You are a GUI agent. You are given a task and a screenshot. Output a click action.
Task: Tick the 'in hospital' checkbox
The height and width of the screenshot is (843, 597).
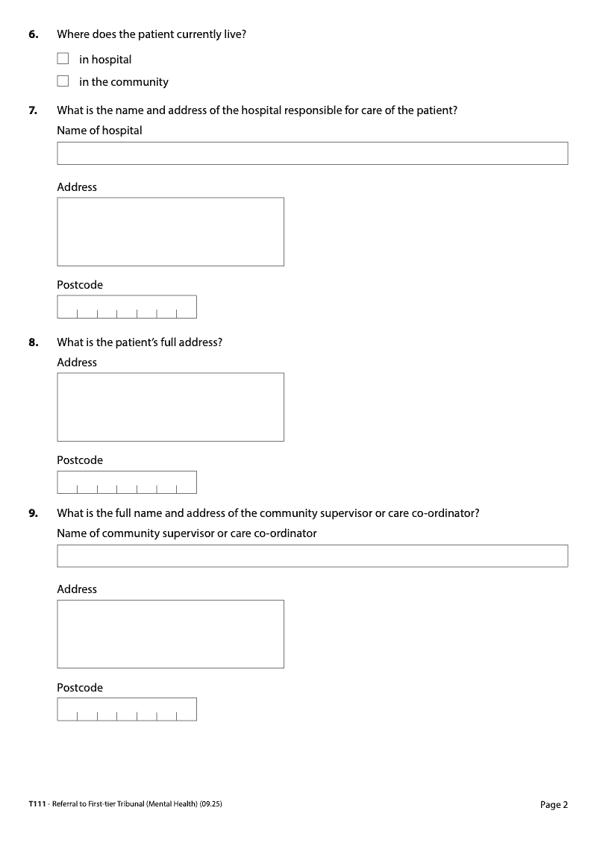[x=63, y=59]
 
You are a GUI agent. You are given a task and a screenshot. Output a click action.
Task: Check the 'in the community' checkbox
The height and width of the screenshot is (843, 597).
[x=63, y=81]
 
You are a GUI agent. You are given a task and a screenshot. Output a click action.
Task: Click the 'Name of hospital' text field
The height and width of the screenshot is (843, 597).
[x=312, y=153]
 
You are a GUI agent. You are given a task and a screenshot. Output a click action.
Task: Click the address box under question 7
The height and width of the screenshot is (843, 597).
[x=170, y=231]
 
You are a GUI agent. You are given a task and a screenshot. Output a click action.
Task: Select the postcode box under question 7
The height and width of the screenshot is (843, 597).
[x=127, y=307]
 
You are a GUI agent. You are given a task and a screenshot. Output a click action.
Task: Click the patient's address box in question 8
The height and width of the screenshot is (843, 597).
[x=170, y=407]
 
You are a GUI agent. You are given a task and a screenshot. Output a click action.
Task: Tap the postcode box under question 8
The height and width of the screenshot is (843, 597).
[x=127, y=482]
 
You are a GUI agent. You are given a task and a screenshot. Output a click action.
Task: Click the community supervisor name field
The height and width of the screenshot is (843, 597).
[x=312, y=556]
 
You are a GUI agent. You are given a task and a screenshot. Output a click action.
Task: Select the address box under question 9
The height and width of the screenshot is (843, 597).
[x=170, y=633]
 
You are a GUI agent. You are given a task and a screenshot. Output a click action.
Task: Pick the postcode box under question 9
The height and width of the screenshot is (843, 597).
[x=127, y=709]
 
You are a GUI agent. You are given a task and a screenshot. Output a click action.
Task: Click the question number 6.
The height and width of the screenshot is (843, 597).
[x=33, y=34]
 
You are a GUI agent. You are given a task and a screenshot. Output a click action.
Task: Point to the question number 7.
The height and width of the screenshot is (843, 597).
[x=33, y=110]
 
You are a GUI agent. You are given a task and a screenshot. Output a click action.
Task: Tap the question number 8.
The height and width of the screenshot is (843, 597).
[x=33, y=342]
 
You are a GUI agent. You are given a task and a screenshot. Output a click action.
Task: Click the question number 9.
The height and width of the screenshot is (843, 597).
[x=33, y=513]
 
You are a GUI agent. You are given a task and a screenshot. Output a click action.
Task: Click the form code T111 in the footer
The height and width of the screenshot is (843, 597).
[x=37, y=804]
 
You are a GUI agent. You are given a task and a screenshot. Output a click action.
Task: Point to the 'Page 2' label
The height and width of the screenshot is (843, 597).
[x=554, y=804]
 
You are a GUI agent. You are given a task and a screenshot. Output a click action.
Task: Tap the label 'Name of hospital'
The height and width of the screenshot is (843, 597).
[x=99, y=131]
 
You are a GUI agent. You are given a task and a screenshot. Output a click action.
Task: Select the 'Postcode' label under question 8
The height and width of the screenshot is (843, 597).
[x=80, y=460]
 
